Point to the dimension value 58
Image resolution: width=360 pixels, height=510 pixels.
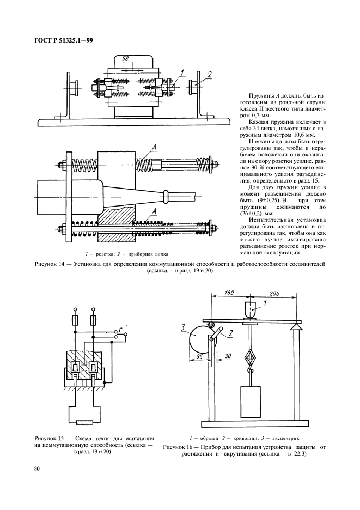click(x=125, y=58)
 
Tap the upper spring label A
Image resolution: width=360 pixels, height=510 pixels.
click(x=156, y=146)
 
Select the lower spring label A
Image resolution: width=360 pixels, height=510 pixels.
click(x=156, y=210)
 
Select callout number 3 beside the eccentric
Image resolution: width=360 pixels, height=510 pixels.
click(x=184, y=328)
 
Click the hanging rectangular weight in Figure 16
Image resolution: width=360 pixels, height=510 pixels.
click(x=251, y=400)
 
